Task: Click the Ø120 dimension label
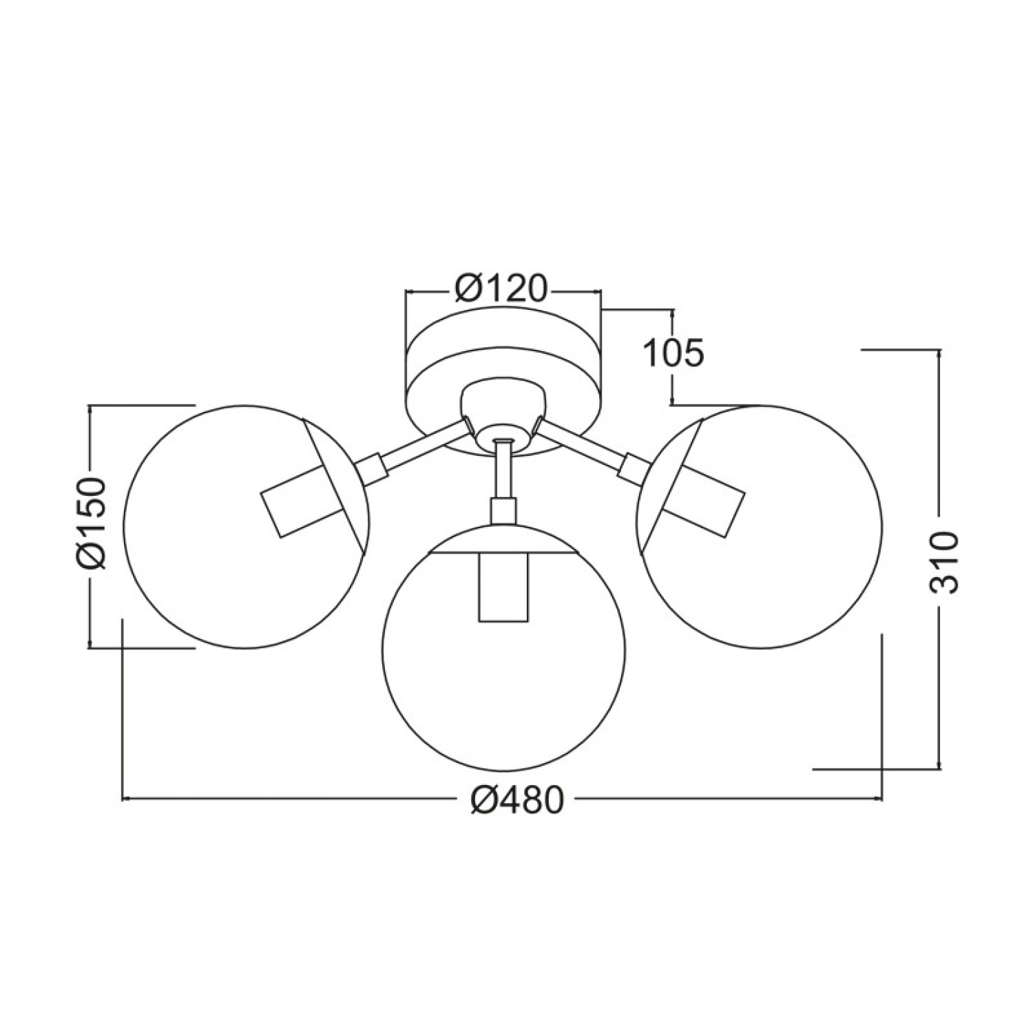pyautogui.click(x=501, y=290)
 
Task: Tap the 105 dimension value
pyautogui.click(x=673, y=353)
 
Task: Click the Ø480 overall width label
pyautogui.click(x=518, y=800)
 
